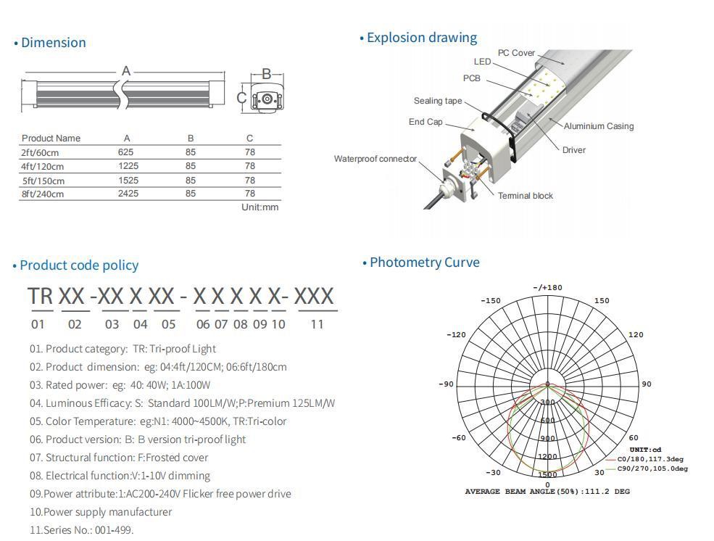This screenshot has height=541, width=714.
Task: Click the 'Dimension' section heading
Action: point(53,42)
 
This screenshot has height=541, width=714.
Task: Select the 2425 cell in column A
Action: point(128,194)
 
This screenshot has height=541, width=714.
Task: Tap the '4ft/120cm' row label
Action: point(42,166)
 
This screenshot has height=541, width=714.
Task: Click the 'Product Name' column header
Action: point(51,138)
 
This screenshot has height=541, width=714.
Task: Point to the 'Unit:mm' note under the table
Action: point(260,207)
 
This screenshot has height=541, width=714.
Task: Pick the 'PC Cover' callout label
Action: point(516,53)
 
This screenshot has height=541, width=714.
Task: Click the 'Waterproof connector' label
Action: point(375,159)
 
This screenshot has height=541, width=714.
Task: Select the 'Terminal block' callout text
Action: point(525,195)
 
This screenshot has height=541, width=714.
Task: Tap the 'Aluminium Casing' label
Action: point(599,126)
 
